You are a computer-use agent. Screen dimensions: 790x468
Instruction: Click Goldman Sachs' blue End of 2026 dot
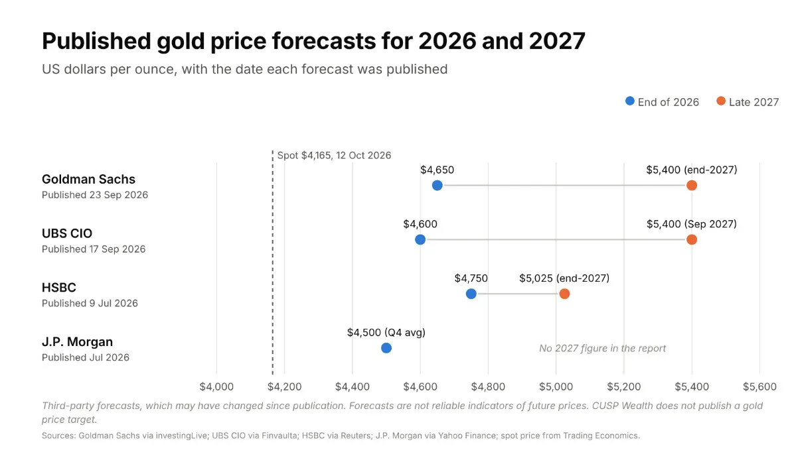[437, 185]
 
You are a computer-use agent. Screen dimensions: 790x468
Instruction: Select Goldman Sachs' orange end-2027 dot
[692, 185]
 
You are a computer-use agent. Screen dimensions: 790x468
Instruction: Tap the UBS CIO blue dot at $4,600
[420, 239]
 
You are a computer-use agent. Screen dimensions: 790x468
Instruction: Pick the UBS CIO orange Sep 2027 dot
[692, 239]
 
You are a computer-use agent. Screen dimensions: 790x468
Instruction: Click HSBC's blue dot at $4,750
[471, 294]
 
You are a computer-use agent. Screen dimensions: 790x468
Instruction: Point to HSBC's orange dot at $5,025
[564, 294]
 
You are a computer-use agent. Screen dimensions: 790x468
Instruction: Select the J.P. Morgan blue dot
[386, 348]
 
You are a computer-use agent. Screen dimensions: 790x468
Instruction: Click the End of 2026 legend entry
[662, 101]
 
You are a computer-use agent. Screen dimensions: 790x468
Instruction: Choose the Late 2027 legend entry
[748, 101]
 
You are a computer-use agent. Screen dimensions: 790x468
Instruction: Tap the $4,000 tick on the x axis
[216, 386]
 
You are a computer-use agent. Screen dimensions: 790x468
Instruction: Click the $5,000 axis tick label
[556, 386]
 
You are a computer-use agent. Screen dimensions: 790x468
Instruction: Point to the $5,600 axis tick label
[759, 386]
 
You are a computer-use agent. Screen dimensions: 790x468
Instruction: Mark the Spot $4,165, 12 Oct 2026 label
[334, 156]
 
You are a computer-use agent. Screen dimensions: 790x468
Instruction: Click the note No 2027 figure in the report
[603, 348]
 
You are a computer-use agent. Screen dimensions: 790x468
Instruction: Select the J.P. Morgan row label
[77, 341]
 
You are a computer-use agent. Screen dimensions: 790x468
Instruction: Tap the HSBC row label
[59, 287]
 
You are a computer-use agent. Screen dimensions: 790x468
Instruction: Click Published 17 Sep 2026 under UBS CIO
[94, 249]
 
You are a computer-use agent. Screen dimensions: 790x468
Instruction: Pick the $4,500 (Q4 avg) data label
[386, 332]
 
